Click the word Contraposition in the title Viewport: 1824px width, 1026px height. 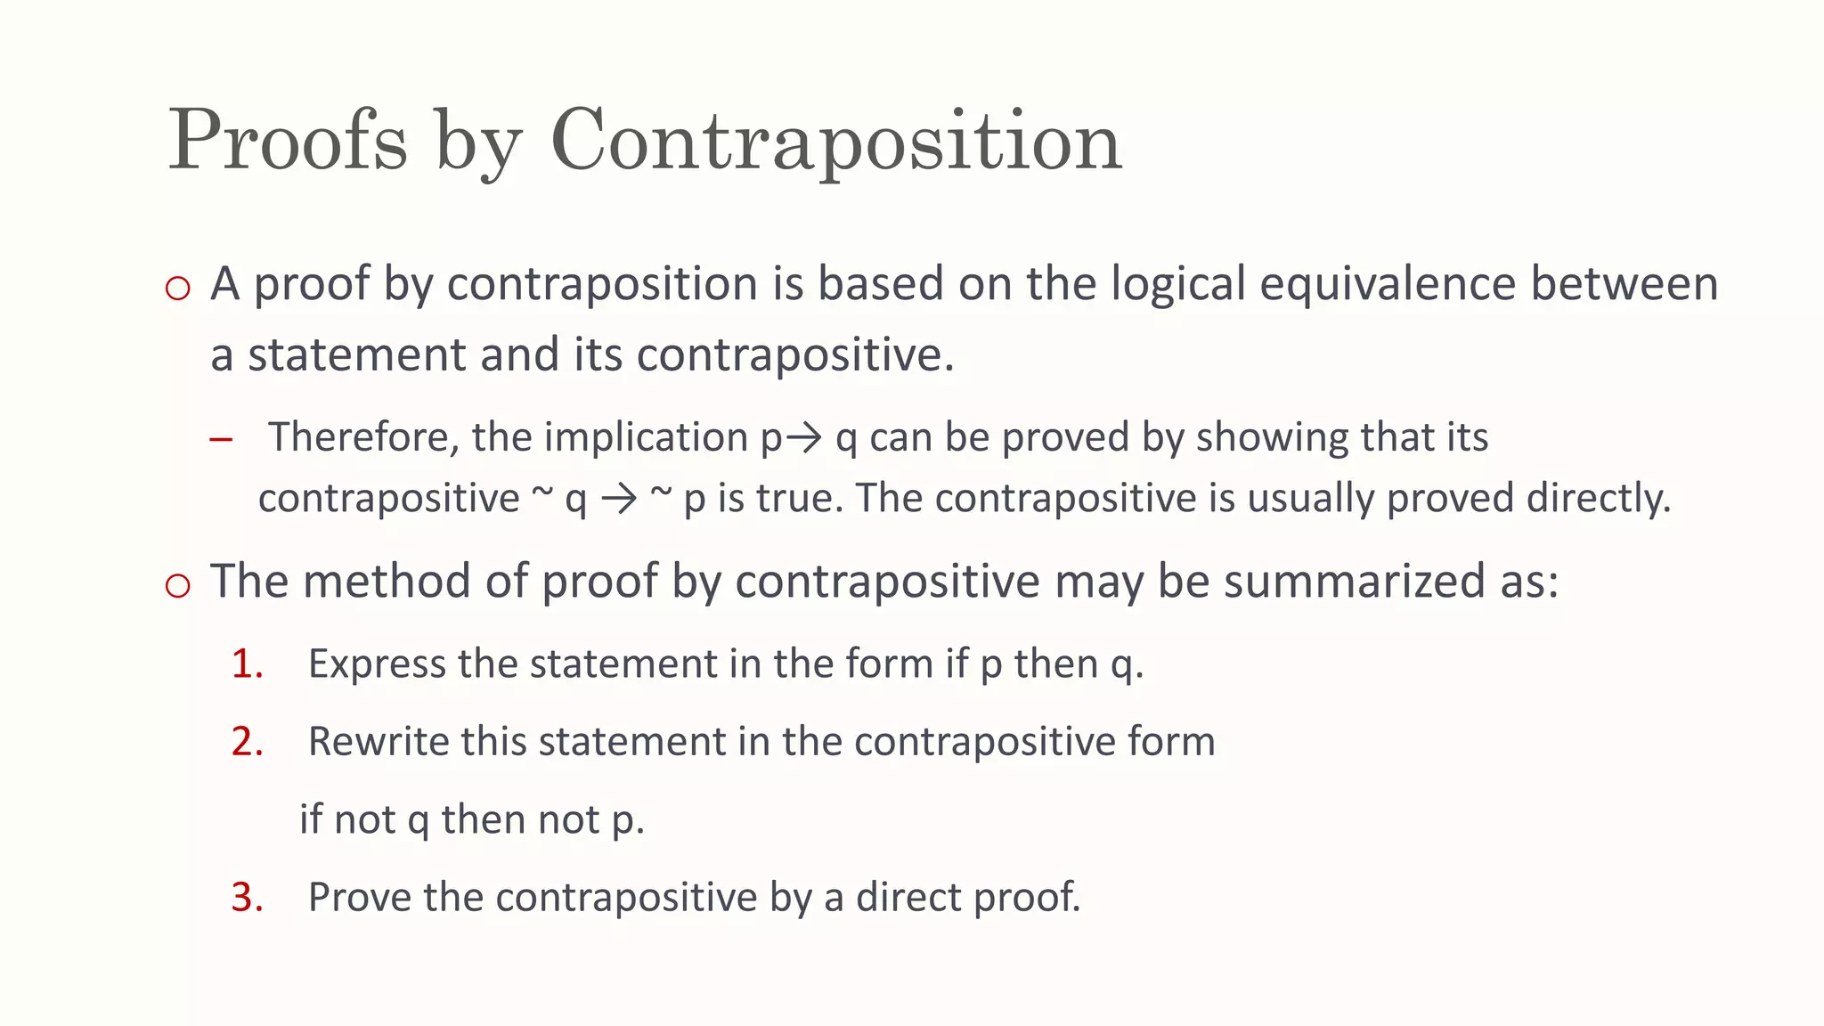[836, 141]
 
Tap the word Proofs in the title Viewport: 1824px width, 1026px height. [288, 141]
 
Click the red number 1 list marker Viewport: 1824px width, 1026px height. [247, 664]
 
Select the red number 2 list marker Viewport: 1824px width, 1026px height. [247, 742]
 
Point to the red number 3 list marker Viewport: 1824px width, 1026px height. [247, 897]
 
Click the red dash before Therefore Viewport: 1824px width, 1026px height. [221, 439]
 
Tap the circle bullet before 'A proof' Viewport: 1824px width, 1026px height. [178, 288]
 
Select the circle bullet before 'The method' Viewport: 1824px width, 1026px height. [178, 585]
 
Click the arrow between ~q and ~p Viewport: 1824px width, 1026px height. [619, 499]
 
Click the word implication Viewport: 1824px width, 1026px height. [646, 437]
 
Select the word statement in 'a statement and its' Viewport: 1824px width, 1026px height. [356, 354]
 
